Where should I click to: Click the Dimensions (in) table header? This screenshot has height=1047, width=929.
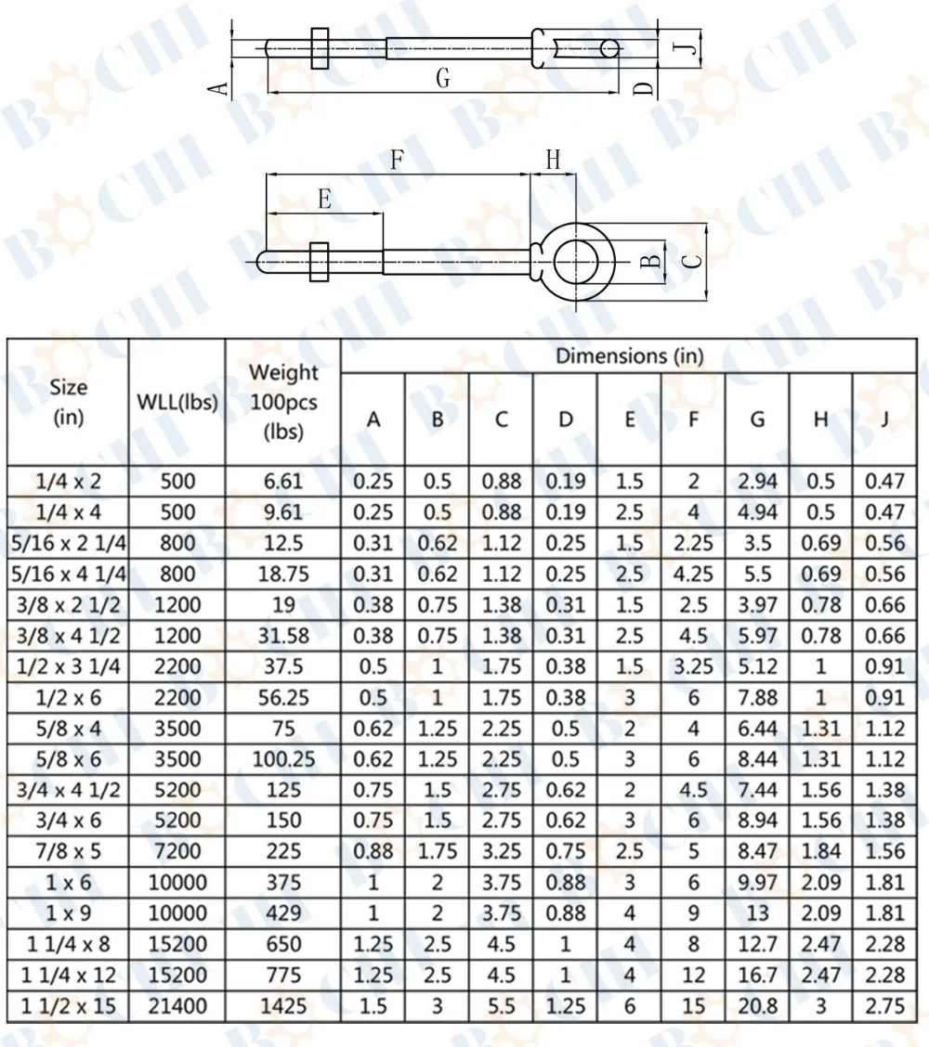pyautogui.click(x=629, y=355)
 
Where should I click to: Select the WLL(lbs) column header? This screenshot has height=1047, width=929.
pyautogui.click(x=177, y=402)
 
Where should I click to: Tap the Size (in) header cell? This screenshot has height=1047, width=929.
pyautogui.click(x=68, y=402)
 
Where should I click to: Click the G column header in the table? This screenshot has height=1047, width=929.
pyautogui.click(x=757, y=420)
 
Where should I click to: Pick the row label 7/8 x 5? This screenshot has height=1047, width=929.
pyautogui.click(x=68, y=851)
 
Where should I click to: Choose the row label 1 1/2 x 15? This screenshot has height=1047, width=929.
pyautogui.click(x=68, y=1005)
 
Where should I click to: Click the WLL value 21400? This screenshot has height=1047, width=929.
pyautogui.click(x=177, y=1005)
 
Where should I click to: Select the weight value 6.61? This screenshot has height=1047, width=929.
pyautogui.click(x=283, y=481)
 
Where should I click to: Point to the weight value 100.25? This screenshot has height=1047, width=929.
pyautogui.click(x=283, y=759)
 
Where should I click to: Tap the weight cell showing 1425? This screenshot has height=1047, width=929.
pyautogui.click(x=283, y=1005)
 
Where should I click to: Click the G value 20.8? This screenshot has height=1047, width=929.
pyautogui.click(x=757, y=1005)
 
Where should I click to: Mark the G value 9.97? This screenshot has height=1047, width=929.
pyautogui.click(x=757, y=882)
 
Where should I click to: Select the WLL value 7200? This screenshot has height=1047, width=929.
pyautogui.click(x=177, y=851)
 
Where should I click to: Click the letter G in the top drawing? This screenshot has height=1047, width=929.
pyautogui.click(x=443, y=79)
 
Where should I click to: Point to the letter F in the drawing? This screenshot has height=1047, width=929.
pyautogui.click(x=398, y=160)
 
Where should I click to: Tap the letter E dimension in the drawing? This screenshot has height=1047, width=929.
pyautogui.click(x=324, y=199)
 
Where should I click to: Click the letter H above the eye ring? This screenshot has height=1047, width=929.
pyautogui.click(x=553, y=160)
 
